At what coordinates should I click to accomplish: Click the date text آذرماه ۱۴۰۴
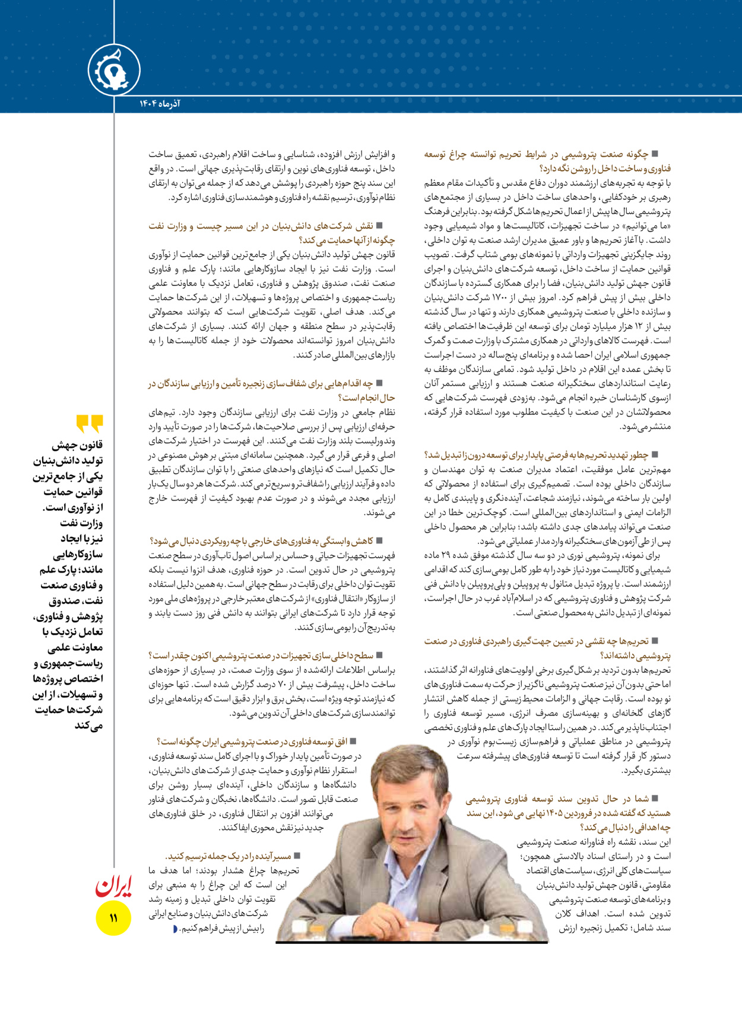click(x=160, y=104)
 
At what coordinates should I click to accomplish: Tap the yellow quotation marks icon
click(x=90, y=424)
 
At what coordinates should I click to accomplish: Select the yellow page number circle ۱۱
click(x=113, y=918)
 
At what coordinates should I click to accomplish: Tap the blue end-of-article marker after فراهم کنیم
click(x=175, y=928)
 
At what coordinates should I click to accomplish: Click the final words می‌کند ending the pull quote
click(x=89, y=726)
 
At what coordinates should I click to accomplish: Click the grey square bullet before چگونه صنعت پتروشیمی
click(x=655, y=154)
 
